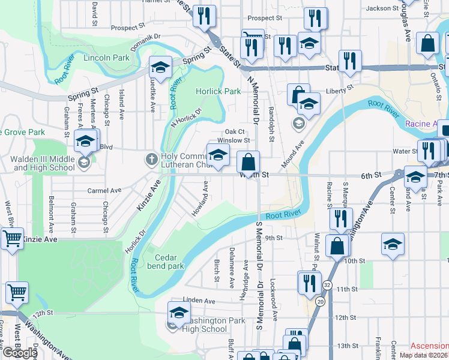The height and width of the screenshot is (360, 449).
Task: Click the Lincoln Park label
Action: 107,58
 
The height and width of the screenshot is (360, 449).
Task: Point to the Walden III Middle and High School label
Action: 44,163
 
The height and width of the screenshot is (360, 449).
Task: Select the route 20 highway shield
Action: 321,301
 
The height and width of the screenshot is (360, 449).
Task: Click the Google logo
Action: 19,353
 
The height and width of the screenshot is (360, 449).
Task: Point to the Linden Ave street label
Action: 199,300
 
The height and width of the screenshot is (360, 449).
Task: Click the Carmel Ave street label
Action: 104,191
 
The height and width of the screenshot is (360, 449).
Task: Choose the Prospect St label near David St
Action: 128,27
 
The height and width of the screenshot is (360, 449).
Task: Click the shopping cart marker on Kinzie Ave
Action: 12,239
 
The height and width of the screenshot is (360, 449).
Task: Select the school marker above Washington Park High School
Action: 178,313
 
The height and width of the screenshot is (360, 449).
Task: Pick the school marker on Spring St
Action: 160,67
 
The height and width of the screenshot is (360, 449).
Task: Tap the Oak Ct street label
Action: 235,131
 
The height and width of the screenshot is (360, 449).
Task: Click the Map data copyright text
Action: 424,355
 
